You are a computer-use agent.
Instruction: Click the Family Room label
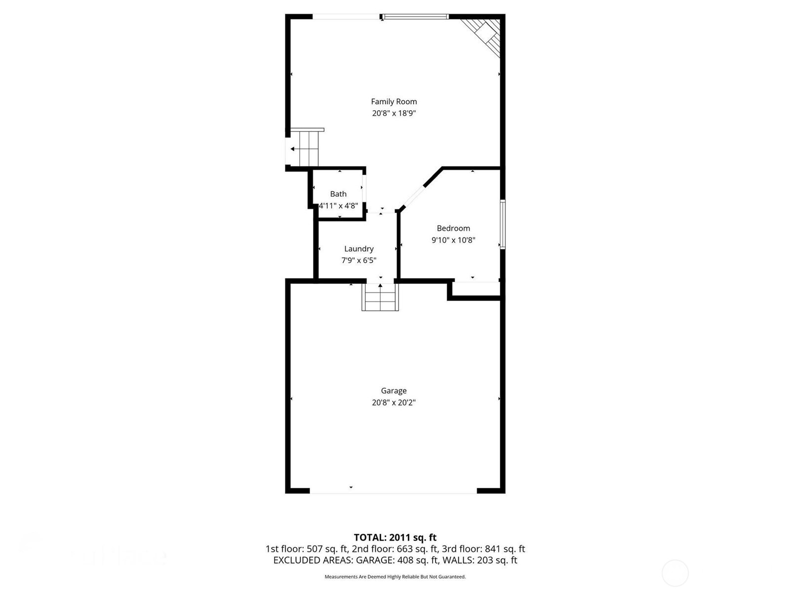[394, 101]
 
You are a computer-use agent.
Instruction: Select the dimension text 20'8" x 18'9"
[394, 113]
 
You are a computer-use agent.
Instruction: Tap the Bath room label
[338, 194]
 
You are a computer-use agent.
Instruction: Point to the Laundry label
[359, 249]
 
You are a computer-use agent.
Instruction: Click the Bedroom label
[453, 228]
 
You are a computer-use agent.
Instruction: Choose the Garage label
[394, 390]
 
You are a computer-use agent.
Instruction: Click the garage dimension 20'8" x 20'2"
[394, 402]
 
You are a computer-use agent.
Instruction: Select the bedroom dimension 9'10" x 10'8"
[453, 240]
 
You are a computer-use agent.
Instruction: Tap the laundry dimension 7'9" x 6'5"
[359, 260]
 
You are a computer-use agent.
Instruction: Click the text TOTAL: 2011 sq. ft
[395, 537]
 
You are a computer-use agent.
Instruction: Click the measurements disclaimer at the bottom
[395, 577]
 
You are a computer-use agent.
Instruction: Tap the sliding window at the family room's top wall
[416, 17]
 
